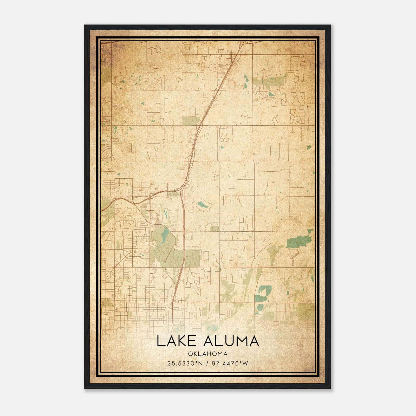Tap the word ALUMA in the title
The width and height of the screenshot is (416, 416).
pyautogui.click(x=231, y=341)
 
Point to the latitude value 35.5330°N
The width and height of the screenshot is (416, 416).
pyautogui.click(x=185, y=363)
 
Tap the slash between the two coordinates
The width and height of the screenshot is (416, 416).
pyautogui.click(x=207, y=363)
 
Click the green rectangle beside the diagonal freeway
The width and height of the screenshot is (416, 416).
pyautogui.click(x=191, y=121)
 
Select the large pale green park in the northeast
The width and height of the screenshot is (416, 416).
pyautogui.click(x=270, y=81)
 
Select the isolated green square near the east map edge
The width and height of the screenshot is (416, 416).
pyautogui.click(x=309, y=147)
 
